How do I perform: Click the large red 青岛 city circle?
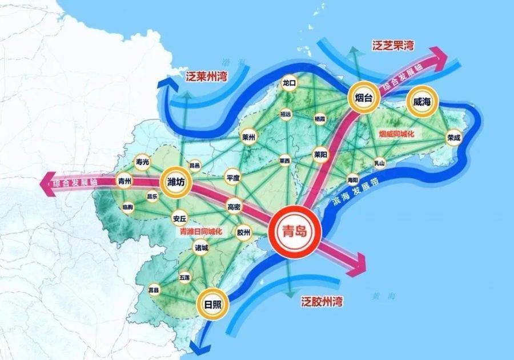tap(295, 231)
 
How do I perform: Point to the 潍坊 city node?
tap(175, 182)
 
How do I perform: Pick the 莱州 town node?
tap(248, 137)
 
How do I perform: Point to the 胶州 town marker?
tap(244, 232)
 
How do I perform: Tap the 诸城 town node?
tap(202, 248)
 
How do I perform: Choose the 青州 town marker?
tap(124, 181)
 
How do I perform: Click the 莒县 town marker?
tap(154, 290)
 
